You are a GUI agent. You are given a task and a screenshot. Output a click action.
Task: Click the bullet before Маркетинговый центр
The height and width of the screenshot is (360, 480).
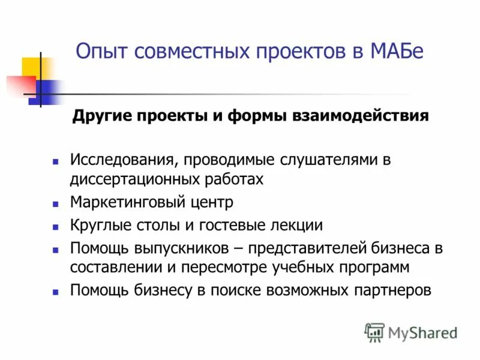[55, 204]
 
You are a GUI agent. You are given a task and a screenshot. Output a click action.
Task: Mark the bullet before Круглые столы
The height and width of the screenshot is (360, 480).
[55, 227]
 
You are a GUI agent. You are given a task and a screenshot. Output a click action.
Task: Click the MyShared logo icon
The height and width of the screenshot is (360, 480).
[374, 332]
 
